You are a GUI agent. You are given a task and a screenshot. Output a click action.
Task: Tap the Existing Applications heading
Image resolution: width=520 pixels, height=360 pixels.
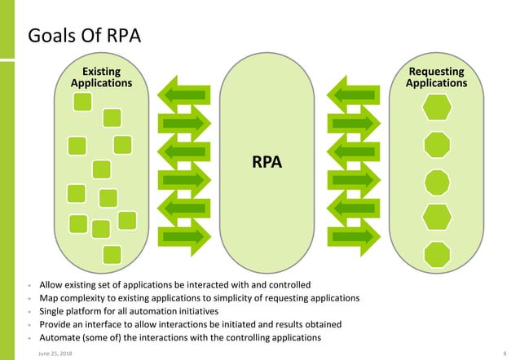coord(101,77)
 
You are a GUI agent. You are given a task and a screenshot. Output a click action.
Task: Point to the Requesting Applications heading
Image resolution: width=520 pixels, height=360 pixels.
coord(437,77)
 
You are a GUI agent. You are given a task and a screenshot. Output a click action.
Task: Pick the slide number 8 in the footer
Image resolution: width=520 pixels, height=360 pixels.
coord(505,352)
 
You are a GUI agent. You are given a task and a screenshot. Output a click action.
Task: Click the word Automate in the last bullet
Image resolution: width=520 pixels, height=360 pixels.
coord(61,337)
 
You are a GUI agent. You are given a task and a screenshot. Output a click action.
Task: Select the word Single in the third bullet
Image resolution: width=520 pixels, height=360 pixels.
coord(54,311)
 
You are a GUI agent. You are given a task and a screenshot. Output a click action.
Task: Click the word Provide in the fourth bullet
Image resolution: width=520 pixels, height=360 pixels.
coord(57,324)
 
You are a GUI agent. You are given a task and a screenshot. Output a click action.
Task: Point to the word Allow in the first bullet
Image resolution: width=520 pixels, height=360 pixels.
coord(52,285)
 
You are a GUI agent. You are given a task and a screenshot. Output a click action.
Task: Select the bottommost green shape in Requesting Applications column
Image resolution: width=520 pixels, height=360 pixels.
coord(438,252)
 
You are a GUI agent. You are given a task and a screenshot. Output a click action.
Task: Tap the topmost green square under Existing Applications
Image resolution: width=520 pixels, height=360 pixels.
coord(83,102)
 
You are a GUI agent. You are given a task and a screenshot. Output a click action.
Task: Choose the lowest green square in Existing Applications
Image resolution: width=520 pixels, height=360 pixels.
coord(112,253)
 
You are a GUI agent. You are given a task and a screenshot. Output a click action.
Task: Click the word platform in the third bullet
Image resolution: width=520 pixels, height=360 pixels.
coord(90,311)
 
